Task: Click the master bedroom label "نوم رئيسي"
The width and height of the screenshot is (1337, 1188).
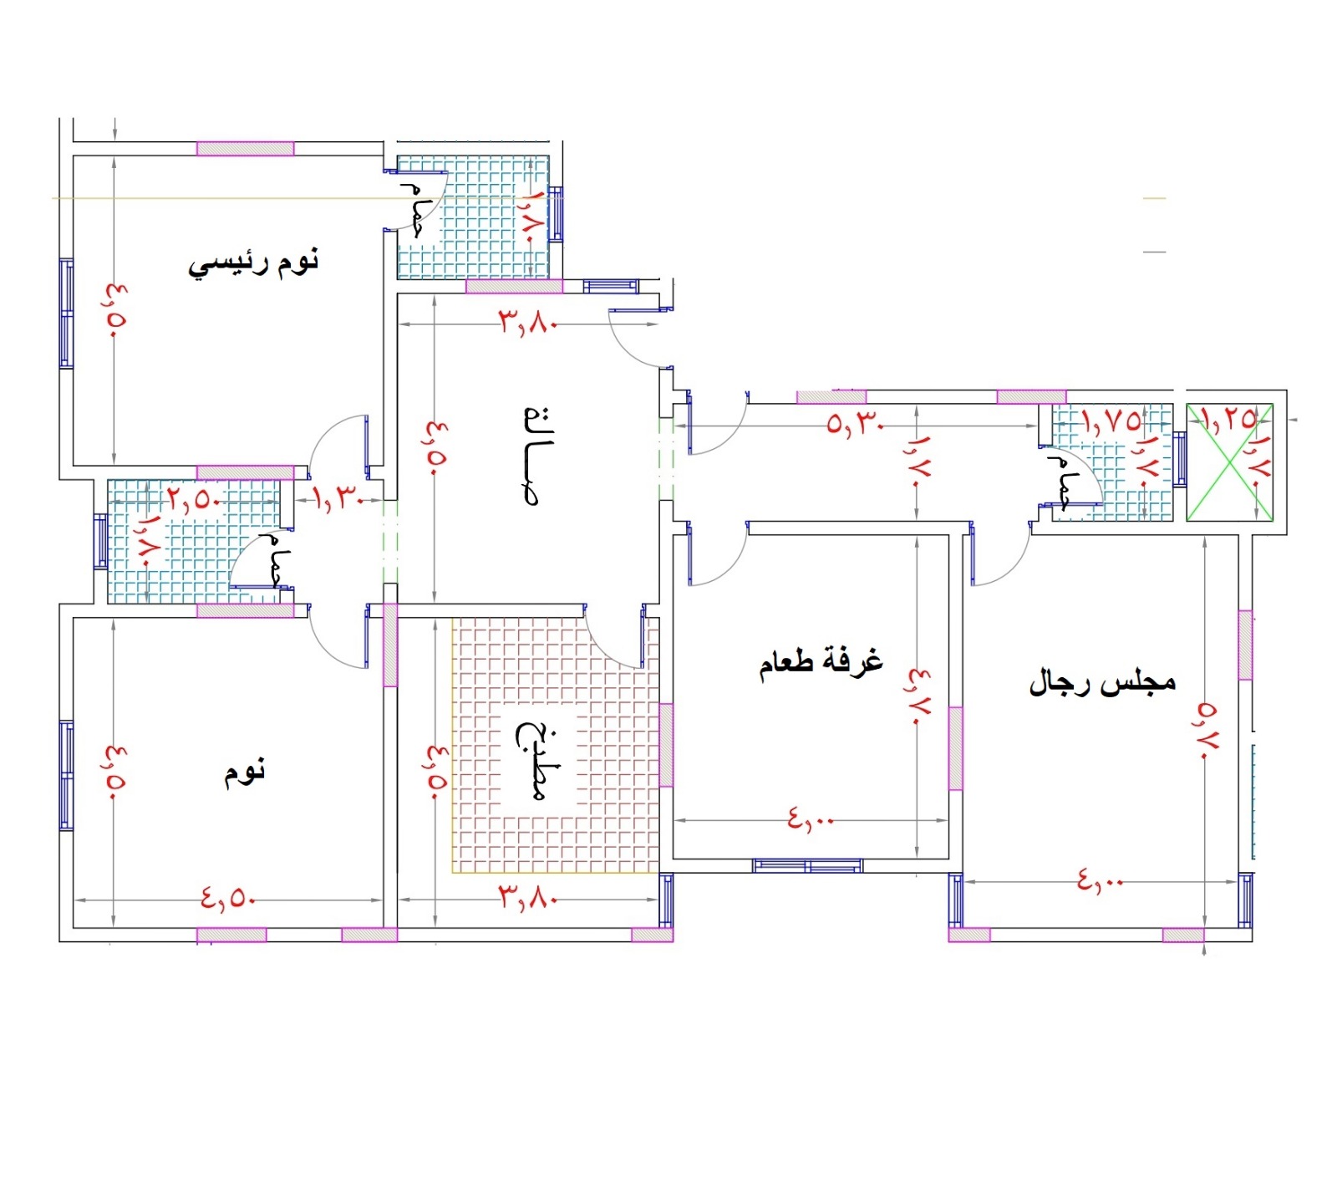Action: click(x=253, y=263)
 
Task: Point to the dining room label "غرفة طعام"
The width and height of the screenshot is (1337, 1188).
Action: click(x=821, y=662)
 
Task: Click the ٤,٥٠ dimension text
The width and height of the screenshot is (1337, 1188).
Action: click(x=227, y=899)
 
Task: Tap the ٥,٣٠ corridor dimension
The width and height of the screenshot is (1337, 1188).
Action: click(x=855, y=423)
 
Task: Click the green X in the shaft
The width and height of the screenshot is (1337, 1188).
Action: click(x=1230, y=462)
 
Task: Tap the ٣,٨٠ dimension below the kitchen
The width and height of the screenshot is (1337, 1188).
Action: click(x=528, y=898)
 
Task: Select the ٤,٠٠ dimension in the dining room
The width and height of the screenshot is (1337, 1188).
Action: click(x=811, y=819)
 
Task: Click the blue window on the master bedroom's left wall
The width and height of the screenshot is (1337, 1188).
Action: click(x=66, y=314)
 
